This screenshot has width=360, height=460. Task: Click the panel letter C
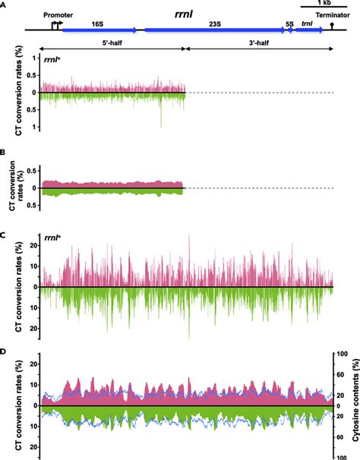pos(5,234)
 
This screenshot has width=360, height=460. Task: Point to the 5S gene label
pos(289,24)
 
